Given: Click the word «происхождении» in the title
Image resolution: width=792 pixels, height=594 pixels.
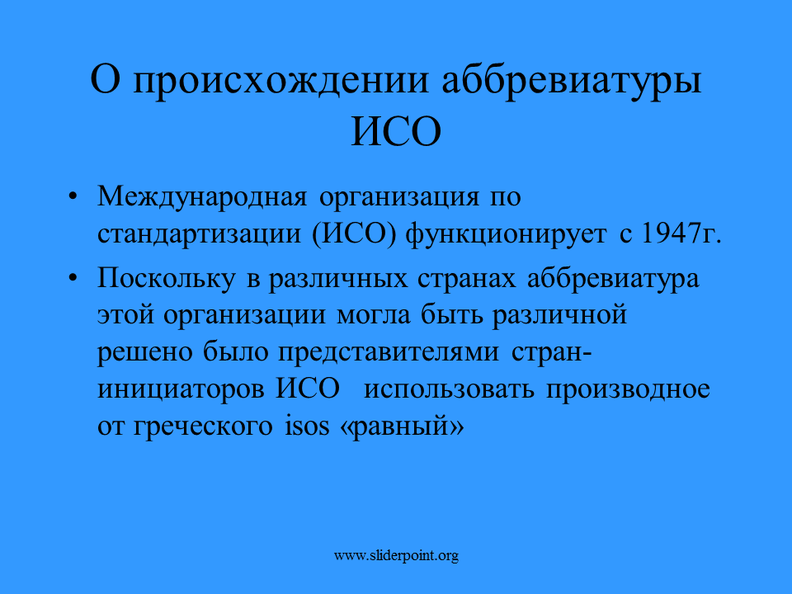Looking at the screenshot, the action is [280, 81].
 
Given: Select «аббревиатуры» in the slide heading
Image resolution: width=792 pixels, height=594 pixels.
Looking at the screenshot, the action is [572, 81].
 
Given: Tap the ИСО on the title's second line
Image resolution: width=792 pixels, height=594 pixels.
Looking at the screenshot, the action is [396, 132].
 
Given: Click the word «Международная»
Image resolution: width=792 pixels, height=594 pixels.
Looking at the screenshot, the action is [202, 197].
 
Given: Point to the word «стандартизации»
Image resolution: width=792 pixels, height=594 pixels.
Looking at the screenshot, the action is [199, 233].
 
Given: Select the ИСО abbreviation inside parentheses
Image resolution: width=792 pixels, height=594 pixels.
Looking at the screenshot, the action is [354, 233].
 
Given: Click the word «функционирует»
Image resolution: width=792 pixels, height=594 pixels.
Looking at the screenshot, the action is [506, 234].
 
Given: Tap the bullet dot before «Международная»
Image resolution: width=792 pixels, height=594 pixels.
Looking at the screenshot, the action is [73, 196].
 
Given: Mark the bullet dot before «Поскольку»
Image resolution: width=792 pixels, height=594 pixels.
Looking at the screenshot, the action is [73, 277].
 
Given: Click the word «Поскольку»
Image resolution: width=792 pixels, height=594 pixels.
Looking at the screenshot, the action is [166, 279].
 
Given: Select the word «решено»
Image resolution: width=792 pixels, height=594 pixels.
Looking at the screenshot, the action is [145, 353].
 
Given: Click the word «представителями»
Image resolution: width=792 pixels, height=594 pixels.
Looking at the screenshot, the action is [389, 352].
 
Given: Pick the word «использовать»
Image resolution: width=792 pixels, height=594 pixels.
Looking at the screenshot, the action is [449, 389].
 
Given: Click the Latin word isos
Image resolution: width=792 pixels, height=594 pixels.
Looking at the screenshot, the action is [307, 426].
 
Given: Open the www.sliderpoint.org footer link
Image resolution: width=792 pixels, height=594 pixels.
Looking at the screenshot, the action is [396, 556].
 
